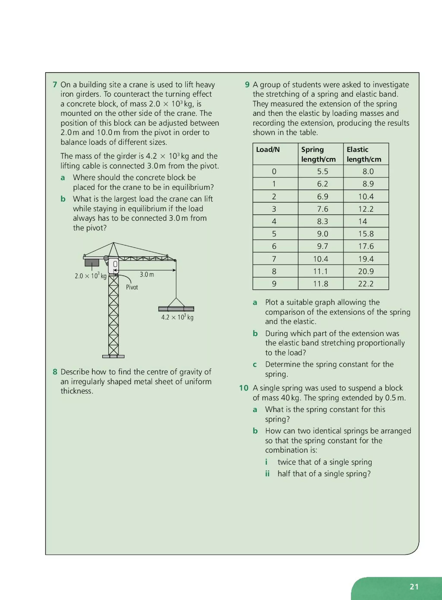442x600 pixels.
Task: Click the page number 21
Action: [x=414, y=586]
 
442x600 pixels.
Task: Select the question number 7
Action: [x=55, y=85]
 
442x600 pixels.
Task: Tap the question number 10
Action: [x=243, y=388]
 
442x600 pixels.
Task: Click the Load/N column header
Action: [x=268, y=149]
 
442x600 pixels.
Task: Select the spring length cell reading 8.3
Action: [x=322, y=221]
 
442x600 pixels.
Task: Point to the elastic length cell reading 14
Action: [x=363, y=221]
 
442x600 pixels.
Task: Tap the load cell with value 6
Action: [x=274, y=246]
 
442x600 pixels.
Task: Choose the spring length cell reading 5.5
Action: [x=322, y=171]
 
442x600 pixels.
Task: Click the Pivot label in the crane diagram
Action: [x=132, y=287]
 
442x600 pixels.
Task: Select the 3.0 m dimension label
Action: [x=147, y=275]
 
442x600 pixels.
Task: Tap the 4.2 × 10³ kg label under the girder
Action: [x=177, y=317]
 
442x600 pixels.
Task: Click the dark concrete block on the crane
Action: [x=92, y=262]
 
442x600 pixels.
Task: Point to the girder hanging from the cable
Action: [x=176, y=309]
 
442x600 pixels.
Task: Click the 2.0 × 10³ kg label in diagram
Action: [x=90, y=276]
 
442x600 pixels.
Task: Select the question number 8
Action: [x=55, y=372]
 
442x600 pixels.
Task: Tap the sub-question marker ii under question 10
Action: [x=267, y=474]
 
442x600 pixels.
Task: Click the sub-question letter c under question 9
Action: [x=255, y=364]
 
